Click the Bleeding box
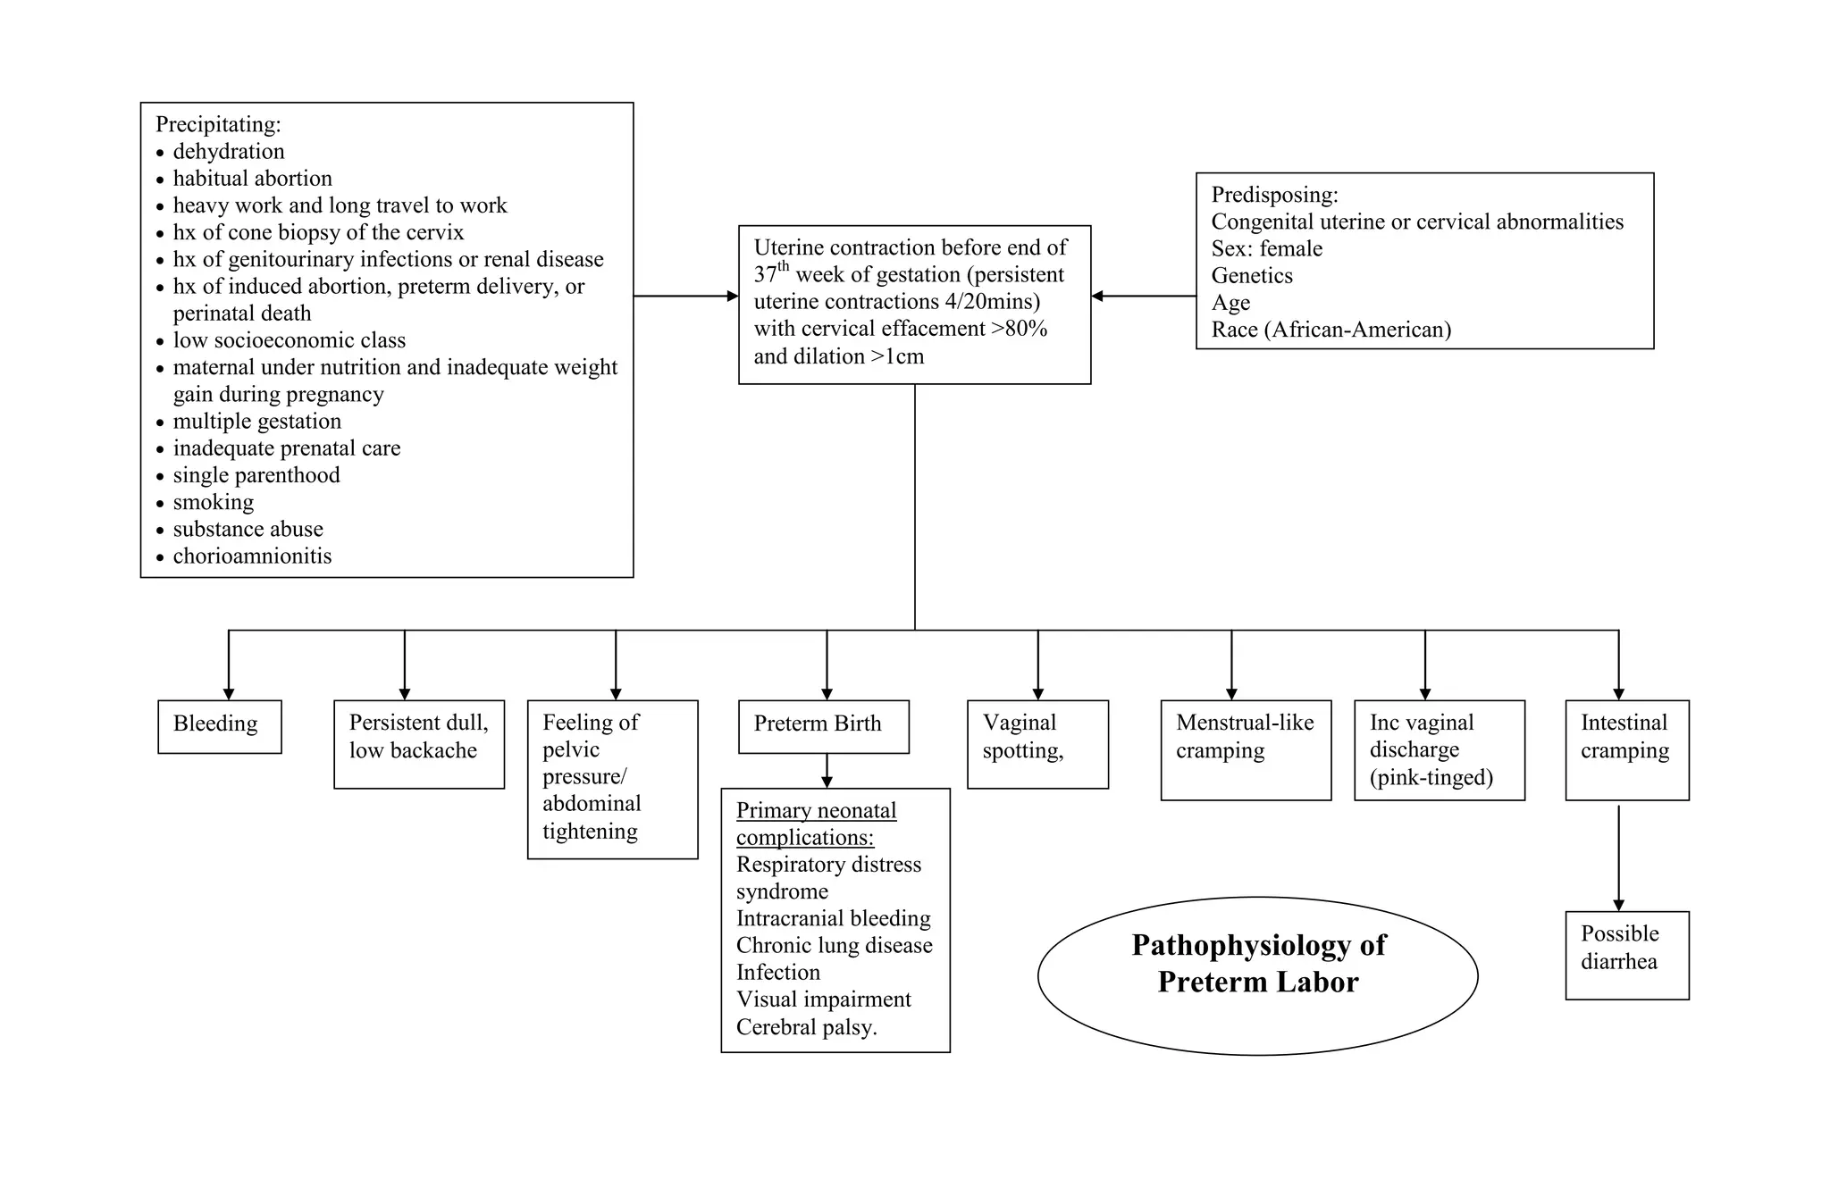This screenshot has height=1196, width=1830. coord(219,726)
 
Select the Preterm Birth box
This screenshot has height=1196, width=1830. coord(823,726)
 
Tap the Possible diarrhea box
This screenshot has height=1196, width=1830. coord(1626,955)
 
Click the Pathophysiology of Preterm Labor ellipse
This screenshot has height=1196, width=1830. coord(1257,975)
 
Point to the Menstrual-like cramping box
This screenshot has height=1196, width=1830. coord(1245,749)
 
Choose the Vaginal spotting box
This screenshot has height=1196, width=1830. coord(1037,744)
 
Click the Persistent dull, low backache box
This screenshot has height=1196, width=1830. coord(418,744)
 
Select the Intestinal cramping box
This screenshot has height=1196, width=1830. coord(1626,749)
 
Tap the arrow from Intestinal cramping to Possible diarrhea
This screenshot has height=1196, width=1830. coord(1618,857)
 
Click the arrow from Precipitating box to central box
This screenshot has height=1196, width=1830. coord(685,296)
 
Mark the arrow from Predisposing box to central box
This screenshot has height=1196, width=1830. coord(1144,296)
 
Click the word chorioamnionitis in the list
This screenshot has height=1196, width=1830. coord(252,556)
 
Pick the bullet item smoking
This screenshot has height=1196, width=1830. coord(214,502)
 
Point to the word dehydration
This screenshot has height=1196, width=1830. coord(229,152)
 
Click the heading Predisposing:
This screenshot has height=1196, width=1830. coord(1274,195)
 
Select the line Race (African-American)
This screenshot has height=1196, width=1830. coord(1331,330)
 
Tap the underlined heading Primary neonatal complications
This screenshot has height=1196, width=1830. coord(815,824)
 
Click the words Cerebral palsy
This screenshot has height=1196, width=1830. coord(806,1027)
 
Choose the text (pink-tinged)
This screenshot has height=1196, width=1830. coord(1431,777)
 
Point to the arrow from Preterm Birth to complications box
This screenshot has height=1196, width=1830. coord(827,771)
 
